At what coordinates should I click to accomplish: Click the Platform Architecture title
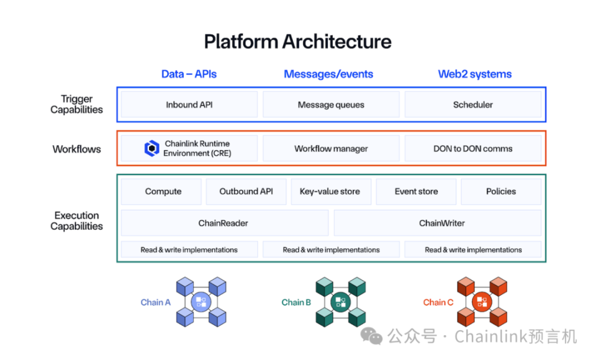point(298,42)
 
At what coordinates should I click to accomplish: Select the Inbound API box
point(189,105)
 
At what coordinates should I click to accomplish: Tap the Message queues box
point(331,105)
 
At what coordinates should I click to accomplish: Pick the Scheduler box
point(472,105)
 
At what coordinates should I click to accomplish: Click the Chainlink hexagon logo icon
point(152,149)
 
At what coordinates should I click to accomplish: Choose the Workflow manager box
point(331,149)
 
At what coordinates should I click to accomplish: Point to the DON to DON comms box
point(472,149)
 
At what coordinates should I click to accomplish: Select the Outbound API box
point(246,192)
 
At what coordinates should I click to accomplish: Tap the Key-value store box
point(330,192)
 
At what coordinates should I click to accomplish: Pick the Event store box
point(416,192)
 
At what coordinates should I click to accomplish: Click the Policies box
point(500,192)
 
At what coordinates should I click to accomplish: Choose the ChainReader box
point(224,223)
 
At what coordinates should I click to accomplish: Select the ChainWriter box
point(438,223)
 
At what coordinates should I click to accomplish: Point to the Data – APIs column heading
point(189,74)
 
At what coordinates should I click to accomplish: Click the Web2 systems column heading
point(475,74)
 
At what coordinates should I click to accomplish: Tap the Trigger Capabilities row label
point(77,104)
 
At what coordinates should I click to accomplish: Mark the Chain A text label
point(155,302)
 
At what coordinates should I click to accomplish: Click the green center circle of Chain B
point(340,302)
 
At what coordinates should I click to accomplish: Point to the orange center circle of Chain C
point(482,302)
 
